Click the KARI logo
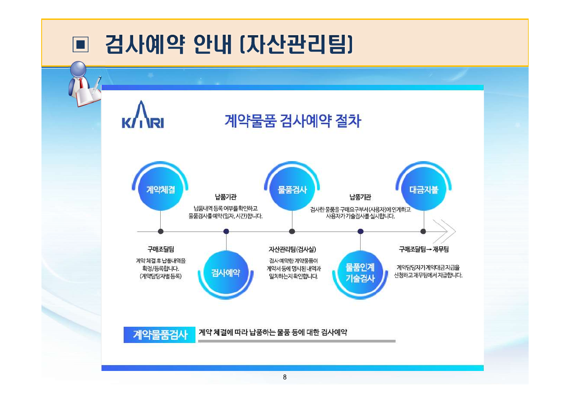click(143, 116)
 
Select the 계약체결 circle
click(160, 190)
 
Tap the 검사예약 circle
click(226, 273)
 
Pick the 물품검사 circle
click(292, 190)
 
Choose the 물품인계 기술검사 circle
click(360, 273)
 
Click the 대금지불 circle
click(423, 190)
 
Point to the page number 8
click(284, 377)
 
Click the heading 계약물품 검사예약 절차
click(292, 121)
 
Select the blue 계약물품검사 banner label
click(160, 335)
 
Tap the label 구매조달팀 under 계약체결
click(160, 249)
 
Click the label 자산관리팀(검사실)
click(292, 249)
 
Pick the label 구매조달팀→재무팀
click(423, 249)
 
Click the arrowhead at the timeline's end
click(445, 232)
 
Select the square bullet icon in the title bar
click(81, 44)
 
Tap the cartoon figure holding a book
click(84, 84)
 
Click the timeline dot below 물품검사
click(292, 232)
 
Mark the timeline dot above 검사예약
click(226, 232)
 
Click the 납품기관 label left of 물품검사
click(226, 197)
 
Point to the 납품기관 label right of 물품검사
click(360, 197)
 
